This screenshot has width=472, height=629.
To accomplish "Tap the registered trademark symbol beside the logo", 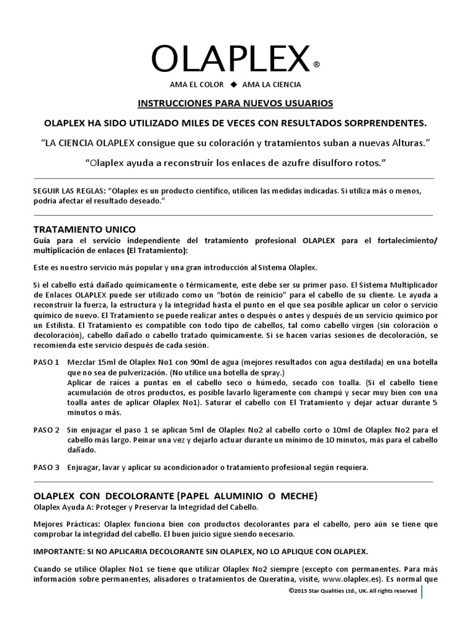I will [316, 64].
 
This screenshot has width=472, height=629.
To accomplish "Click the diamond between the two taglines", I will [234, 84].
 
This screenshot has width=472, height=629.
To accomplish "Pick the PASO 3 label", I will [47, 467].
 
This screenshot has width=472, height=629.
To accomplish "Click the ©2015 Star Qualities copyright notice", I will [352, 591].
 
